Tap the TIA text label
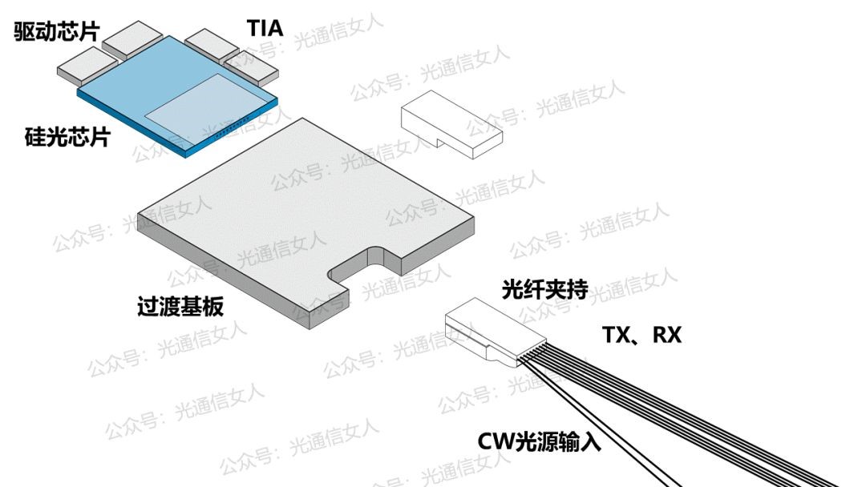coord(264,28)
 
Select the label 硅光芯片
coord(67,136)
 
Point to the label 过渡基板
coord(180,307)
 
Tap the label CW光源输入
coord(539,441)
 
